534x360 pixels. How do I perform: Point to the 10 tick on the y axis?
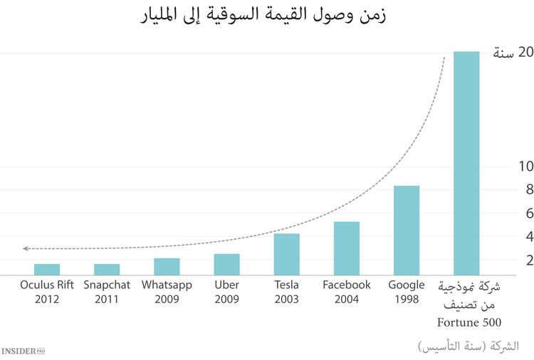click(506, 166)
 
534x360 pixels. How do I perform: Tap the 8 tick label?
click(511, 190)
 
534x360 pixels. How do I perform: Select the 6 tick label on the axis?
click(511, 213)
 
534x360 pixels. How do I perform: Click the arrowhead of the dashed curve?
click(26, 248)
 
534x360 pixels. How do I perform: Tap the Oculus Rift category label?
click(47, 285)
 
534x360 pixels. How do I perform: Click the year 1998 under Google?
click(407, 300)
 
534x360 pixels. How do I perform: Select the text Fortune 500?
click(467, 322)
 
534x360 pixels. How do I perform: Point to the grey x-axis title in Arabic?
click(467, 346)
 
